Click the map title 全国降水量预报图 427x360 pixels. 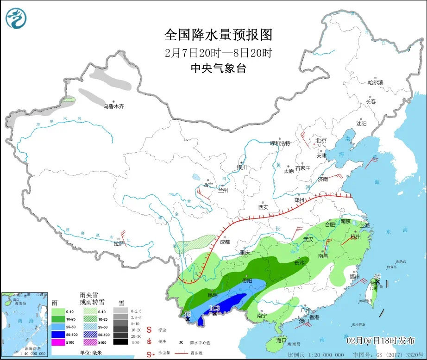218,35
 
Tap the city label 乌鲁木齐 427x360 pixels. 114,106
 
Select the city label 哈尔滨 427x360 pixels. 376,82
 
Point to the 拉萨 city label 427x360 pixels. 119,244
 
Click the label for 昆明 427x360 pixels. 213,295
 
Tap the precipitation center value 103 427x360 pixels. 215,308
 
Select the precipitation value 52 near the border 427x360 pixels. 187,313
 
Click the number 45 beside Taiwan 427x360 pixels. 377,276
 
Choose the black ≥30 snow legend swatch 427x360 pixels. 120,342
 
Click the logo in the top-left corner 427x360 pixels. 16,18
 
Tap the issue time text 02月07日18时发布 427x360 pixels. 381,341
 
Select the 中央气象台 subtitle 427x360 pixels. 218,68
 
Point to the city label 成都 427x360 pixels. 225,242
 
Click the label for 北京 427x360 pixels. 321,140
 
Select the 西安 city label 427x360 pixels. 263,207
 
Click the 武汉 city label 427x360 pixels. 308,239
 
